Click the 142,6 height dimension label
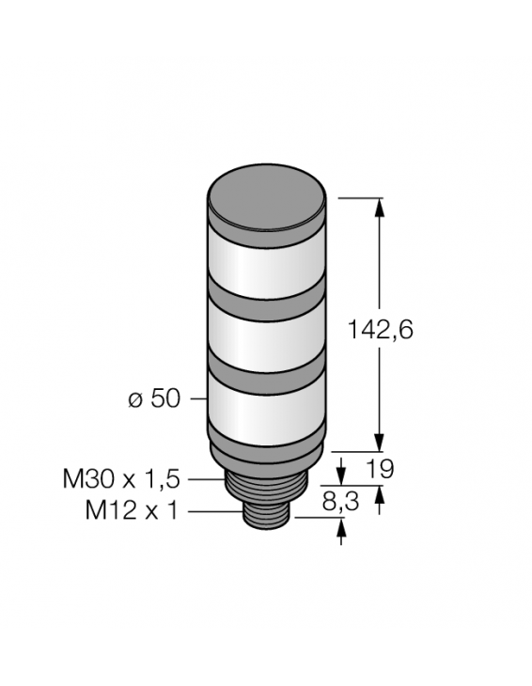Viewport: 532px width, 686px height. point(381,330)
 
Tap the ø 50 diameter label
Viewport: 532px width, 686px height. point(153,398)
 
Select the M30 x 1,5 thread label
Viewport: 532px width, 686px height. point(120,479)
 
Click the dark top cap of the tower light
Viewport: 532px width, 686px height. point(266,194)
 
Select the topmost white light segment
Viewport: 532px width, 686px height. point(266,264)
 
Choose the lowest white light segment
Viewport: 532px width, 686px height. point(266,410)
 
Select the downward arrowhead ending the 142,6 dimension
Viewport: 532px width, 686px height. point(380,442)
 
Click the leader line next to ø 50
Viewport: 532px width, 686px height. point(197,398)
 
